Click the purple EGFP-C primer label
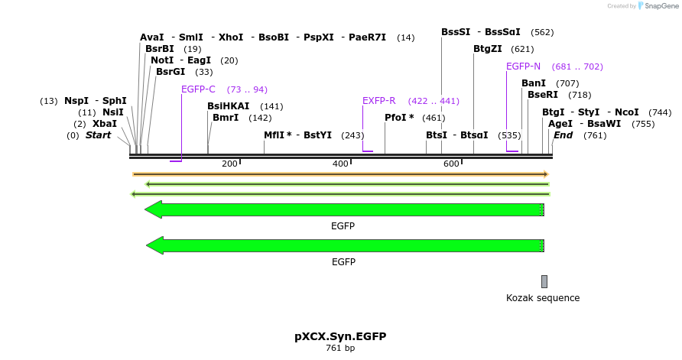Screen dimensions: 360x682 [x=198, y=89]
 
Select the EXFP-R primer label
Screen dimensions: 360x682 [x=378, y=101]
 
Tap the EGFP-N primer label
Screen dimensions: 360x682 [x=523, y=66]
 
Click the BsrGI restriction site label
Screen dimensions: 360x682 [x=170, y=72]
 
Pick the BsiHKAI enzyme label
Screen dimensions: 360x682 [x=228, y=106]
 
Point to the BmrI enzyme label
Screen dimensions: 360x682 [x=226, y=118]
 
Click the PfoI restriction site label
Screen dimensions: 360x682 [x=399, y=118]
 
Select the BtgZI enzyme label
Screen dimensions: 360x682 [x=488, y=49]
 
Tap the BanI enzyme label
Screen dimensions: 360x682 [x=534, y=83]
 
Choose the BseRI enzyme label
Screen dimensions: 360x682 [x=543, y=95]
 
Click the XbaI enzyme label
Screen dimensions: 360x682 [x=105, y=124]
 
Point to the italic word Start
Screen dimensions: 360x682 [x=98, y=135]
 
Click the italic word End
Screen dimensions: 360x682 [x=563, y=135]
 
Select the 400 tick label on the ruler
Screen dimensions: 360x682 [x=340, y=164]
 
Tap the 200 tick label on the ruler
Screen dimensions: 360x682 [x=229, y=164]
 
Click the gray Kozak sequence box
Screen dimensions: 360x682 [x=544, y=281]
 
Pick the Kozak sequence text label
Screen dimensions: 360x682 [x=543, y=298]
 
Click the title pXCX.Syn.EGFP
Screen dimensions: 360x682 [x=340, y=336]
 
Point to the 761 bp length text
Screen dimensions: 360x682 [x=340, y=349]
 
